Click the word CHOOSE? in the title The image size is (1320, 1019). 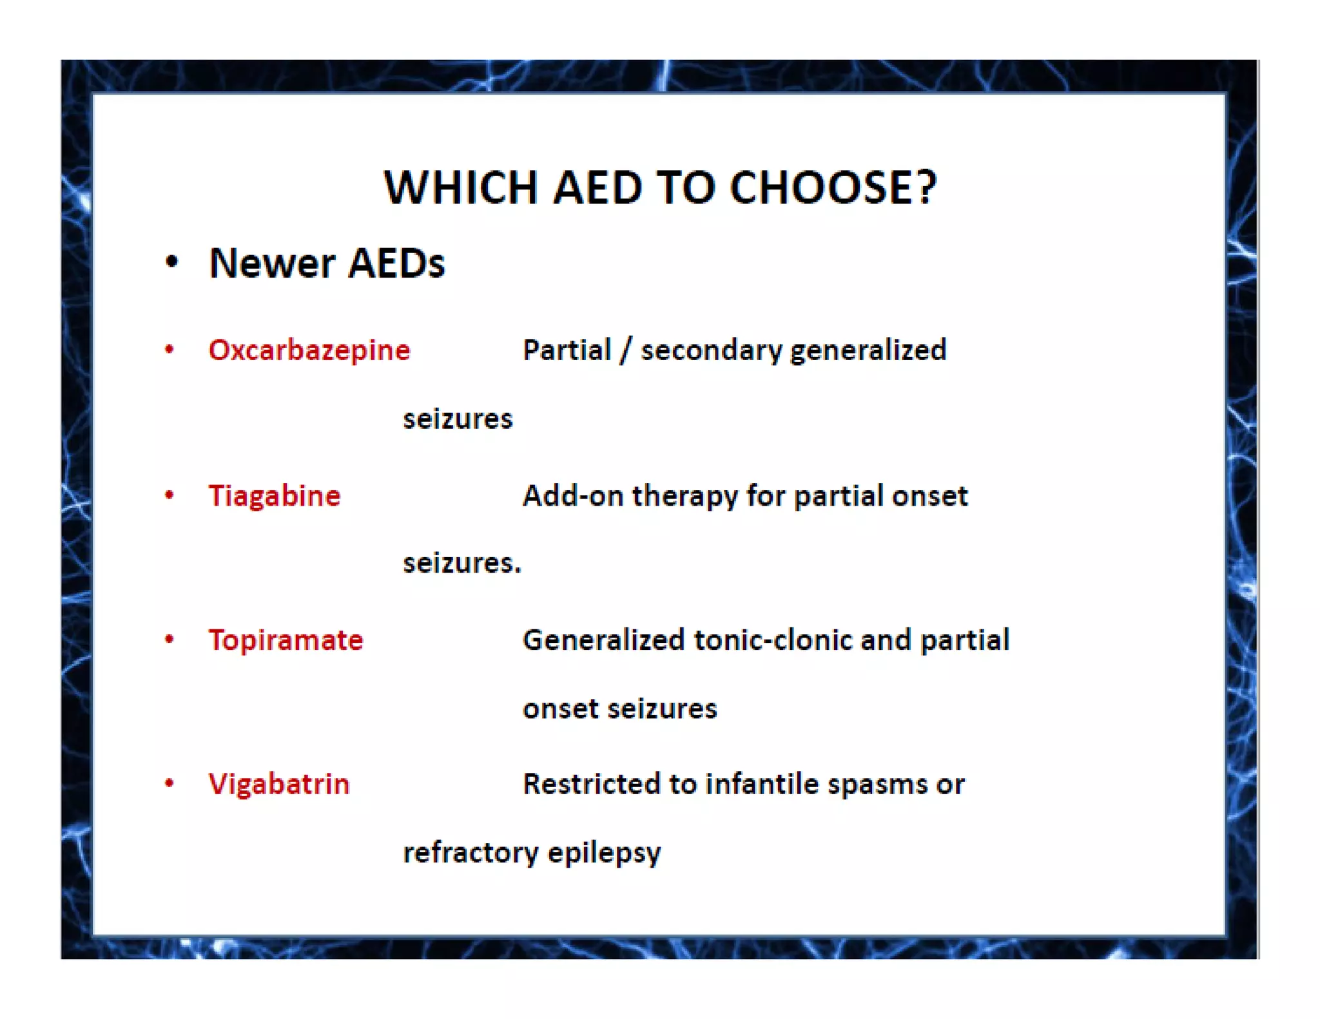(x=833, y=188)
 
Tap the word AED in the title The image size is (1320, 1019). (x=597, y=188)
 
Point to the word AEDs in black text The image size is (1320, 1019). (x=396, y=263)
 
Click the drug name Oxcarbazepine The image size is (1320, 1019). (x=309, y=350)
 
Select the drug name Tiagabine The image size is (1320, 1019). (x=274, y=496)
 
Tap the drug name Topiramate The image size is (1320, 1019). (x=286, y=640)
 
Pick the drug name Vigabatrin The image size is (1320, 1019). (x=278, y=785)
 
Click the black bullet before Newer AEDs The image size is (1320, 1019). (x=171, y=262)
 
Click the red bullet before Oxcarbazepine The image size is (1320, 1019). (x=170, y=350)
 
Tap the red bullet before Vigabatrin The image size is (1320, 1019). (x=170, y=784)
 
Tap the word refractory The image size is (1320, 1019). (x=471, y=853)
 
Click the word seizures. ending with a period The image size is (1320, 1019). (x=461, y=564)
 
